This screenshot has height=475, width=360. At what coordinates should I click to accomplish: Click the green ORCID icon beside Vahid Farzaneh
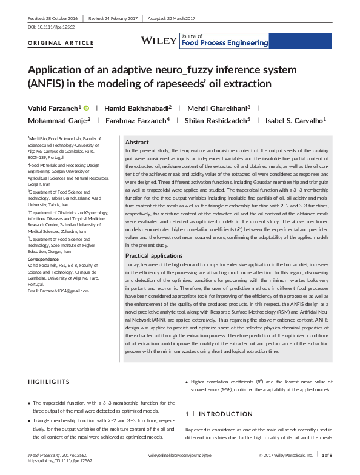coord(86,107)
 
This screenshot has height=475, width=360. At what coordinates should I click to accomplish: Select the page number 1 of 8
coord(327,454)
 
